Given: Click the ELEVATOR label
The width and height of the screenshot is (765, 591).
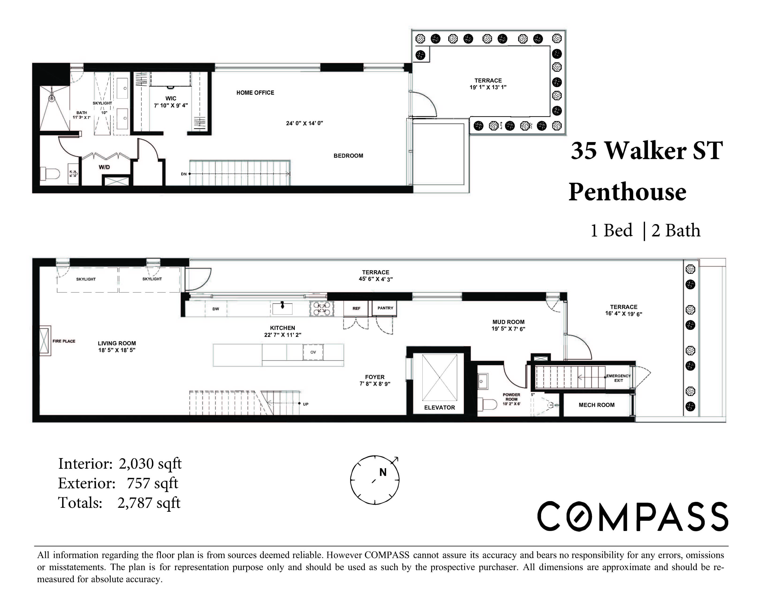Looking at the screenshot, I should (x=439, y=407).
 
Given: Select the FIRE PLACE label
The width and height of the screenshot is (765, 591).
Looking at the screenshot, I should (x=64, y=341).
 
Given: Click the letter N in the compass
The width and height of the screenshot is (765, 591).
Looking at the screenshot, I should (x=383, y=473).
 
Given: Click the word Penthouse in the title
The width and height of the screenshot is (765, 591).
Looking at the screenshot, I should (x=627, y=192).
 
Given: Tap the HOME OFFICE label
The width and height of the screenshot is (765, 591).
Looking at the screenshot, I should (x=255, y=93).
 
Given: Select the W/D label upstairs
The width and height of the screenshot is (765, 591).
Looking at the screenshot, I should (x=104, y=167).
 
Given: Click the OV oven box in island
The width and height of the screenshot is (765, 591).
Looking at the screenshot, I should (x=313, y=352).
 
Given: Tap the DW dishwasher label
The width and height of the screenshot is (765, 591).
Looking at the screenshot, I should (x=216, y=309).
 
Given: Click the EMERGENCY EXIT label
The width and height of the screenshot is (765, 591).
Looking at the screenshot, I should (x=618, y=378).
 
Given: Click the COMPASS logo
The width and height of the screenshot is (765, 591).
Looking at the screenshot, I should (x=632, y=516).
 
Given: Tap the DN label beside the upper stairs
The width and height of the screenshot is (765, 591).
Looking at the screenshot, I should (x=184, y=174).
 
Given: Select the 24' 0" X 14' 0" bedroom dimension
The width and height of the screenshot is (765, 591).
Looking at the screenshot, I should (x=304, y=123).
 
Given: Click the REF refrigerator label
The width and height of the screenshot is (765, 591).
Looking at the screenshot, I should (x=356, y=309).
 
